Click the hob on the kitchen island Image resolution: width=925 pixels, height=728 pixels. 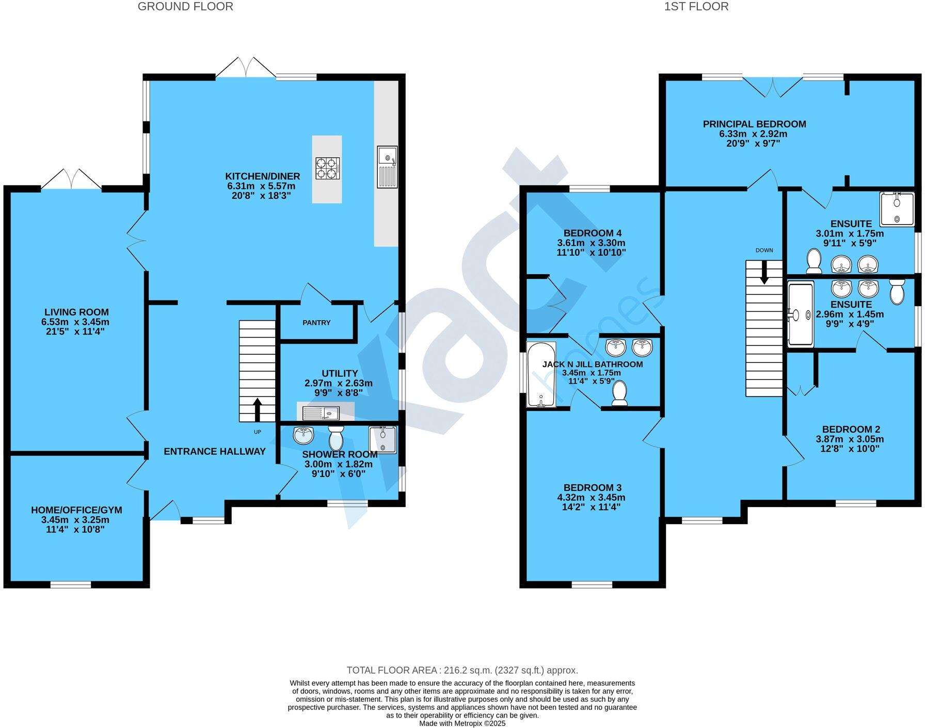[x=328, y=168]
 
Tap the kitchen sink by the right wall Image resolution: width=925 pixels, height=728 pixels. [x=387, y=167]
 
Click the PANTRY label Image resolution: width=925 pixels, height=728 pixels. [x=316, y=323]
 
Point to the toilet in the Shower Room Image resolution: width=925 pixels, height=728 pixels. [x=336, y=438]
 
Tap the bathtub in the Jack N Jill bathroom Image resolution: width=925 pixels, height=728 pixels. [x=540, y=374]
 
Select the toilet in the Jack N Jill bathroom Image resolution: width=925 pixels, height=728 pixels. [x=619, y=393]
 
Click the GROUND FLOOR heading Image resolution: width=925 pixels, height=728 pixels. [x=185, y=7]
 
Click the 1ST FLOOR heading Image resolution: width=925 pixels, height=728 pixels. [x=696, y=7]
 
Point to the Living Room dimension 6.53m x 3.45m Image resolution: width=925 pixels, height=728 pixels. [x=76, y=322]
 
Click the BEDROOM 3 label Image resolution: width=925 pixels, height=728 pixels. [x=593, y=488]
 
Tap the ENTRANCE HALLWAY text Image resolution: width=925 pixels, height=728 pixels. [x=215, y=452]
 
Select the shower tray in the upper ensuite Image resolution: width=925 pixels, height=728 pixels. [x=897, y=209]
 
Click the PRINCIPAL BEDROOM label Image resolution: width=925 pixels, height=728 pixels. [x=754, y=124]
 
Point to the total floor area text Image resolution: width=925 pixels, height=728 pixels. [x=462, y=670]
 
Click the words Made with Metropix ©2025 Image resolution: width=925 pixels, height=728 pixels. [x=462, y=723]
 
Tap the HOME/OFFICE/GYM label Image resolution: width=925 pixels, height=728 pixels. [x=76, y=510]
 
